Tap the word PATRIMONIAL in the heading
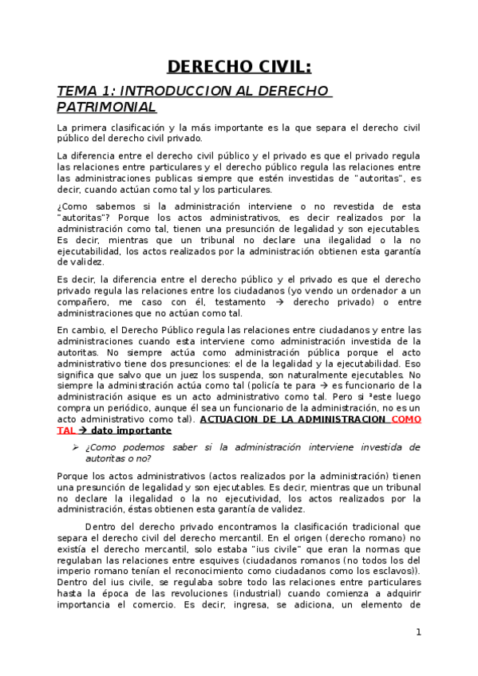tap(107, 107)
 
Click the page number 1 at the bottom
tap(418, 632)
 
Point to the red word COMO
tap(405, 419)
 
